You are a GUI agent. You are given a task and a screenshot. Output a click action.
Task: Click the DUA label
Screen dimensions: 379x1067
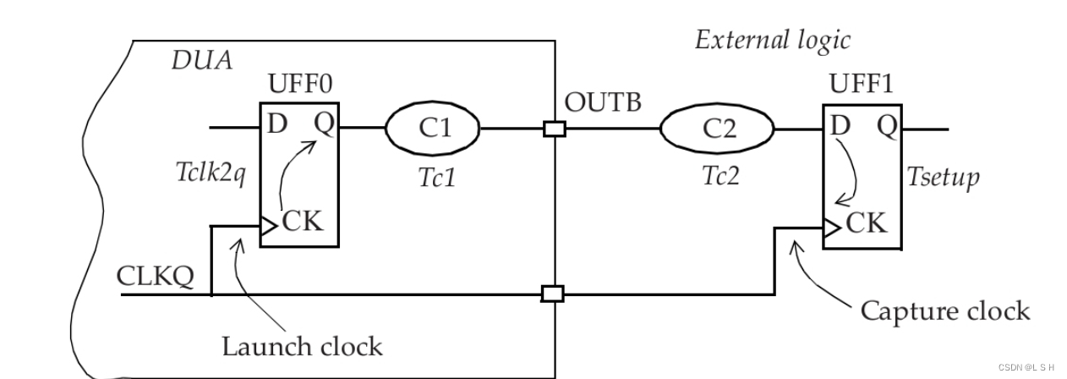click(201, 62)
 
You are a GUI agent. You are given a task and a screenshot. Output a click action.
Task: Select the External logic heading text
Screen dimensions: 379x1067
click(772, 40)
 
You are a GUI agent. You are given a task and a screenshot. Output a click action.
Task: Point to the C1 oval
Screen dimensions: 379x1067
click(433, 128)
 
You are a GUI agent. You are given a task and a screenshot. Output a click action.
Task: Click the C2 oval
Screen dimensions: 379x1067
click(716, 129)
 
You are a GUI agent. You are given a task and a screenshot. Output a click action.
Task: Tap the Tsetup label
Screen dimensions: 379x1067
click(944, 177)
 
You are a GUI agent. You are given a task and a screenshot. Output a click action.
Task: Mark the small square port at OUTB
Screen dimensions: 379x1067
click(555, 129)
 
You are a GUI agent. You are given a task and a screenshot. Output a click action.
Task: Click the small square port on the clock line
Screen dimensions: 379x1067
click(552, 294)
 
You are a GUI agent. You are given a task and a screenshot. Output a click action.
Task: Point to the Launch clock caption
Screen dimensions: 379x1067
click(302, 346)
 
